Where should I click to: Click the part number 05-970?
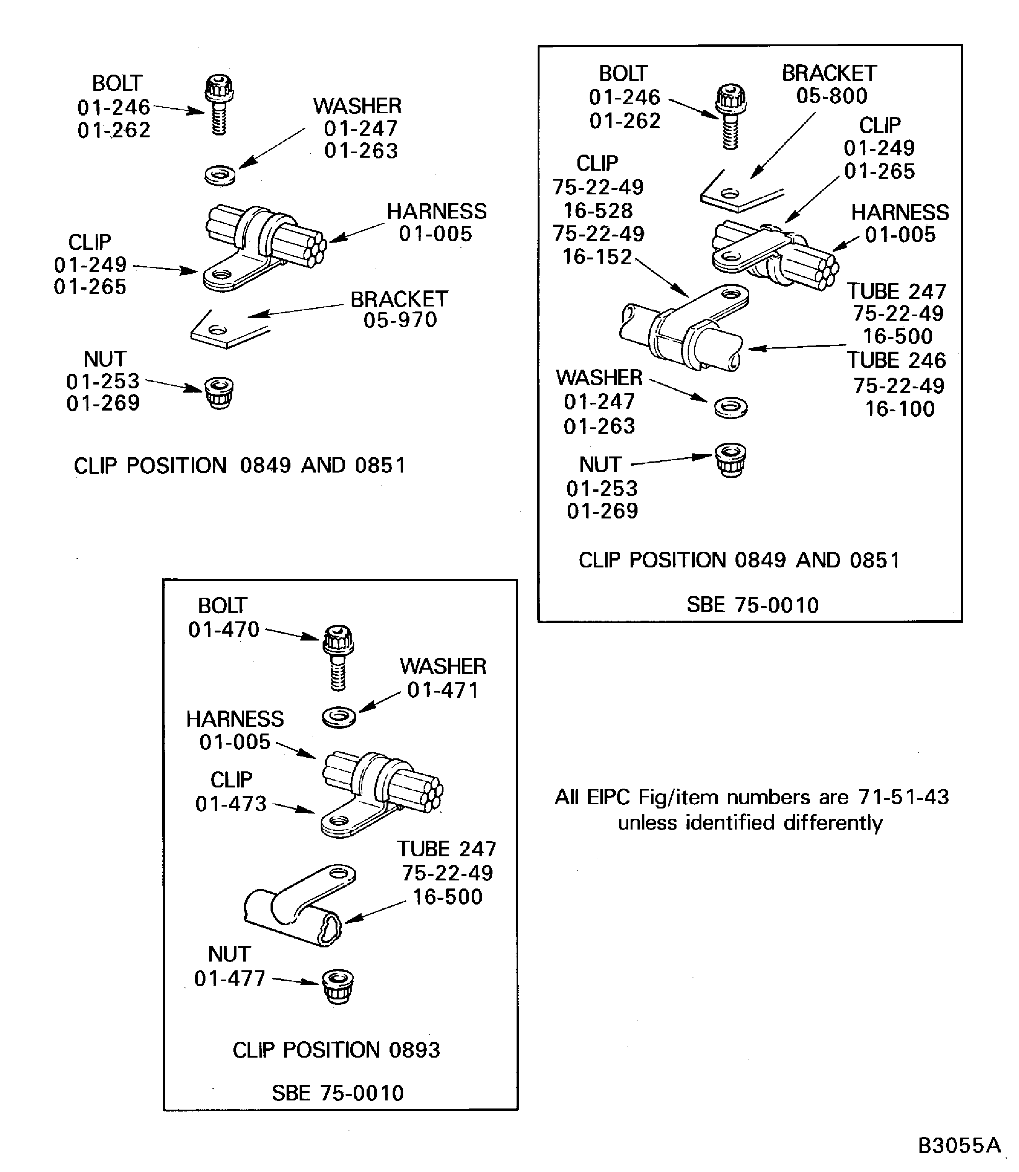click(x=400, y=320)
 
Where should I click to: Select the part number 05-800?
click(x=832, y=96)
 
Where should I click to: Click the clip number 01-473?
click(x=231, y=804)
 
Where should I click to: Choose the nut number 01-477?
click(x=230, y=978)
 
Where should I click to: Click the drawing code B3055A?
click(x=959, y=1145)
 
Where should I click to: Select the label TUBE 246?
click(x=896, y=360)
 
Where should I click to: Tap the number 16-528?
click(x=598, y=211)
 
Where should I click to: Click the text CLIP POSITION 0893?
click(x=336, y=1050)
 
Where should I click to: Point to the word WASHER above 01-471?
click(x=442, y=666)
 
